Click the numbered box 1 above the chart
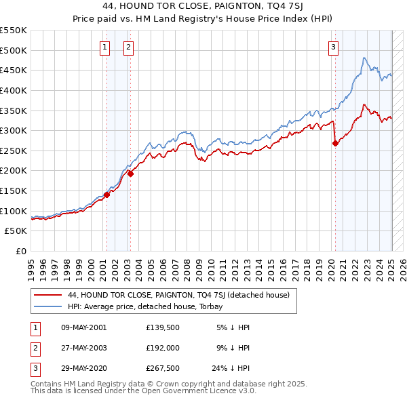(x=106, y=47)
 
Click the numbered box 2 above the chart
(x=128, y=47)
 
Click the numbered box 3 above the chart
(x=334, y=47)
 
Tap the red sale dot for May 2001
(x=106, y=195)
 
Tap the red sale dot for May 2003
(x=131, y=174)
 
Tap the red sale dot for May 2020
(x=335, y=143)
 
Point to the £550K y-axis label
(x=14, y=31)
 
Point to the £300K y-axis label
(x=14, y=130)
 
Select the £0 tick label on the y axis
(x=21, y=251)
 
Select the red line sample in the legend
(x=47, y=295)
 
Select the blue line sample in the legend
(x=47, y=306)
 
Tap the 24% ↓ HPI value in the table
(x=231, y=369)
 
